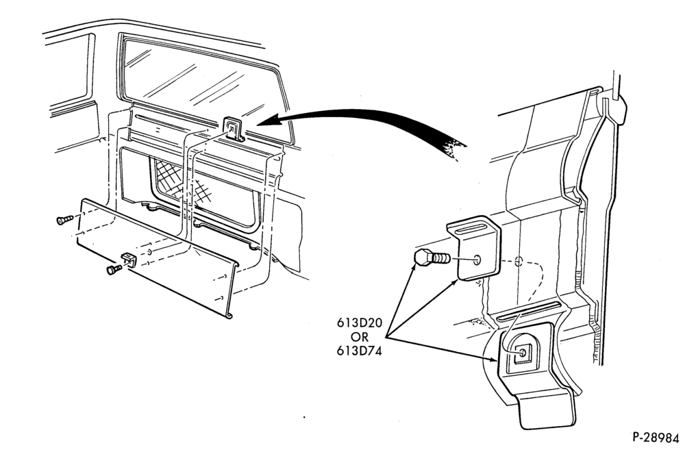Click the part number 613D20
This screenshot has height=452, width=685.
pyautogui.click(x=359, y=324)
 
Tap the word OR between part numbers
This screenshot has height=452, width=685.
pyautogui.click(x=359, y=338)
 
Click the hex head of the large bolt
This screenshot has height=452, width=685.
pyautogui.click(x=421, y=258)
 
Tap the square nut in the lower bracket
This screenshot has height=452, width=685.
pyautogui.click(x=521, y=352)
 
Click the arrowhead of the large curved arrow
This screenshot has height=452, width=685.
pyautogui.click(x=268, y=121)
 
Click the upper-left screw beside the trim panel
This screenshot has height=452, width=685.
pyautogui.click(x=64, y=220)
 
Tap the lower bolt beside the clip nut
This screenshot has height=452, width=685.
pyautogui.click(x=114, y=269)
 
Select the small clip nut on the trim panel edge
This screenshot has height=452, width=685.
pyautogui.click(x=129, y=259)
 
